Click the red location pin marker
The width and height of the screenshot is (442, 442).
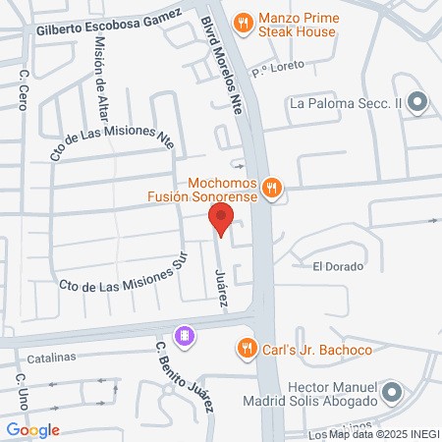(222, 219)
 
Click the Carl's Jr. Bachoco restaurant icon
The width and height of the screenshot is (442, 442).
(246, 347)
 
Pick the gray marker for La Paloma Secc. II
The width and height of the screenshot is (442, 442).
(417, 101)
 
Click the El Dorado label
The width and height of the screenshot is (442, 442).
(338, 266)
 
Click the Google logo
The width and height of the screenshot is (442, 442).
(32, 429)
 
